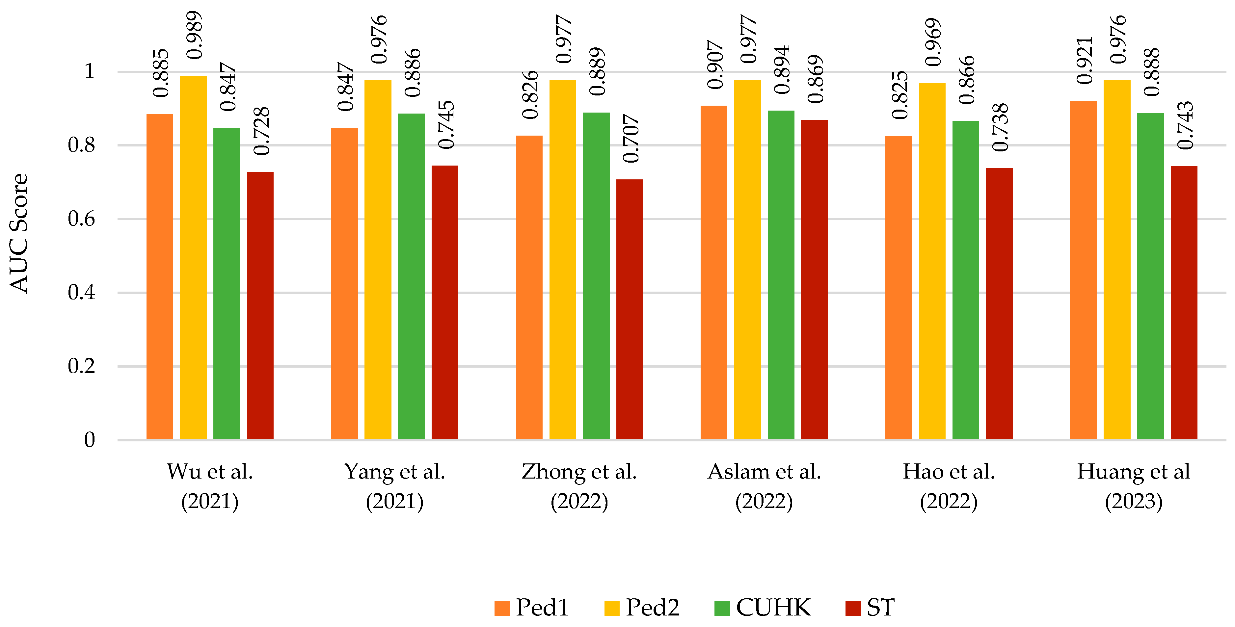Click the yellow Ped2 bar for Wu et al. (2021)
point(193,257)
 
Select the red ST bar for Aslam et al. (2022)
point(814,279)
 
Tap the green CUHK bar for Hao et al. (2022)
point(966,280)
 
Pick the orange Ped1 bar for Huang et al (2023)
point(1083,270)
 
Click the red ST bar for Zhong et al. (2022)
point(630,309)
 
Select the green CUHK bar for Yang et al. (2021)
point(411,276)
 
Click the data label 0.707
point(631,139)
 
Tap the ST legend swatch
point(853,608)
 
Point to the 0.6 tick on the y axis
point(82,219)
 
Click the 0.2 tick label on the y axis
point(82,366)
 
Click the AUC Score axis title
point(19,233)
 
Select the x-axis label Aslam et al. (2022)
point(764,486)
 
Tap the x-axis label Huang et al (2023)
point(1134,486)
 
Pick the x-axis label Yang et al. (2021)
point(394,486)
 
